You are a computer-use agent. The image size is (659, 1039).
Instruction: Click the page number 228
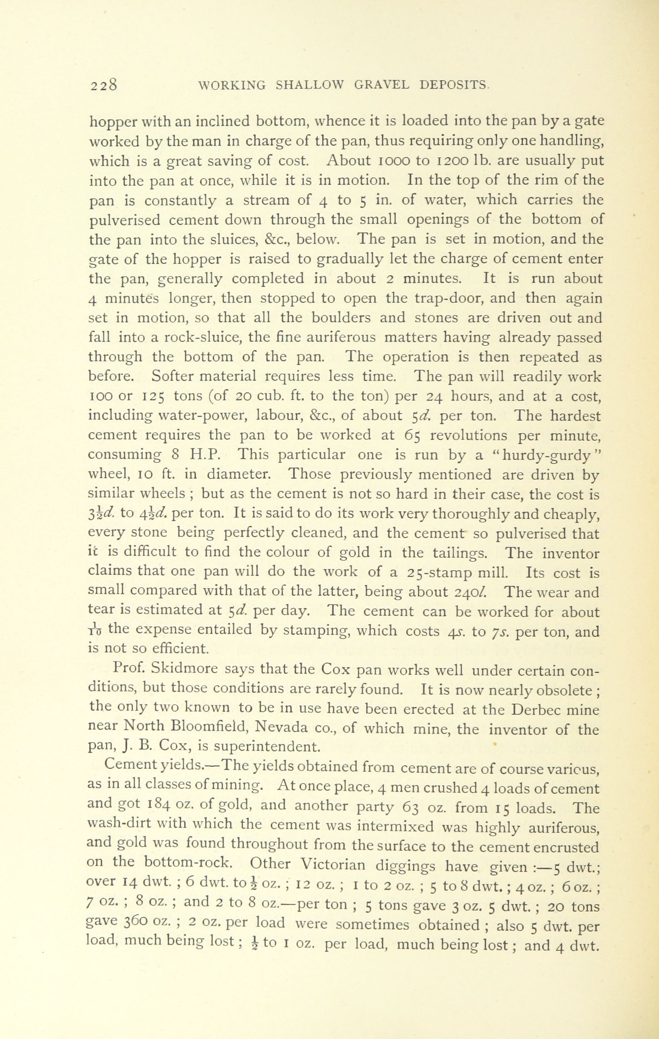[x=104, y=85]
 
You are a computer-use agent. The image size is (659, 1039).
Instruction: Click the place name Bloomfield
[x=204, y=728]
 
